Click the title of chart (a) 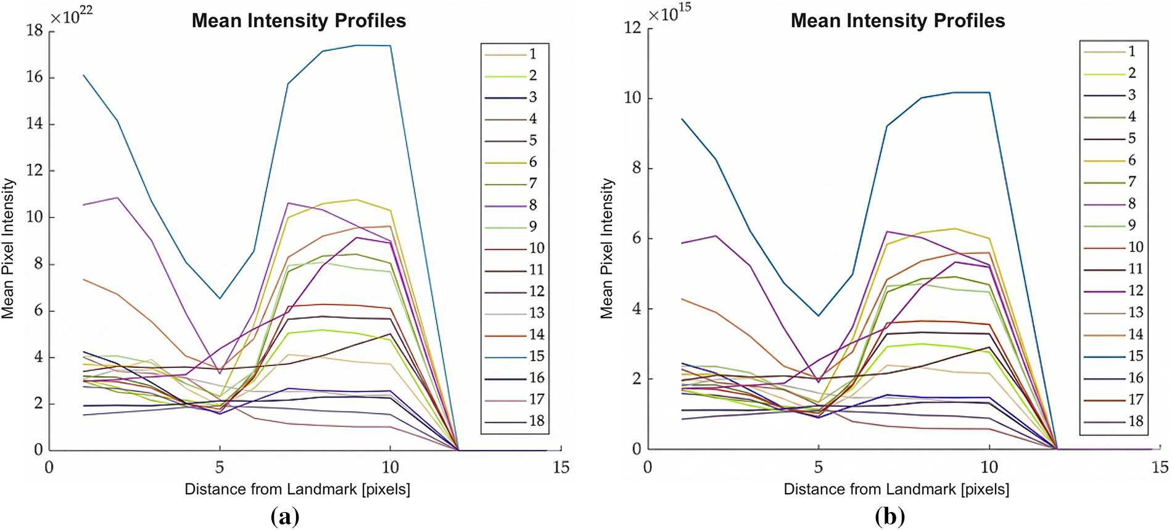299,21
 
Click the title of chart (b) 898,21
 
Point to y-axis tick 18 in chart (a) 35,30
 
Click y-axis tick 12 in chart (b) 633,28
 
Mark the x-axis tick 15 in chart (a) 561,468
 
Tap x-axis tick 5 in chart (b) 819,467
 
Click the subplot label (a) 285,516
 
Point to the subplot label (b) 889,516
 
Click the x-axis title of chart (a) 297,489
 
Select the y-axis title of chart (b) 608,248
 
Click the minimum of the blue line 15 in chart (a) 220,299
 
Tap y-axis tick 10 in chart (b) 633,98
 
